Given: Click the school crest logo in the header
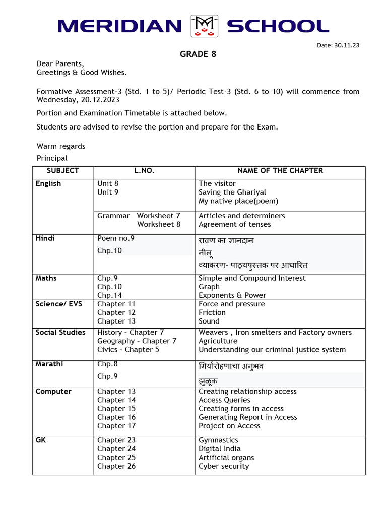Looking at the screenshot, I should point(204,26).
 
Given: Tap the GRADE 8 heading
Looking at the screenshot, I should point(198,54).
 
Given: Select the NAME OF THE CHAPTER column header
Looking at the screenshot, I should point(280,171).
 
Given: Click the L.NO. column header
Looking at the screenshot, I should point(144,171).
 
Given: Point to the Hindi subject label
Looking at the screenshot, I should point(45,238).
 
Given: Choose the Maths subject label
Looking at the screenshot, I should point(46,278).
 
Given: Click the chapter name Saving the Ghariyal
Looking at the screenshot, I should point(232,192).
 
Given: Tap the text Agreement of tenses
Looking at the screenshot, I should point(234,224).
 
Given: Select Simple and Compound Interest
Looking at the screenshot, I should point(252,278).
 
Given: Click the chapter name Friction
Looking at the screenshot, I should point(212,312).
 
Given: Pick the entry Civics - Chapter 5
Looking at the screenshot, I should point(128,349).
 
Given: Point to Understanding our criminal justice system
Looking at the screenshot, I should point(272,349).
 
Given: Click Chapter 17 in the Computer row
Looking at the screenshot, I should point(116,426).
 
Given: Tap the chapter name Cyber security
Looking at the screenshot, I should point(224,466).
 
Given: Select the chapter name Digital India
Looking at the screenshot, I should point(220,449).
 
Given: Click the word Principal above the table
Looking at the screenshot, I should point(52,158).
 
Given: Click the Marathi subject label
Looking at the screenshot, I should point(49,364).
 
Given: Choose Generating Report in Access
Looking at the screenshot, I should point(248,417).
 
